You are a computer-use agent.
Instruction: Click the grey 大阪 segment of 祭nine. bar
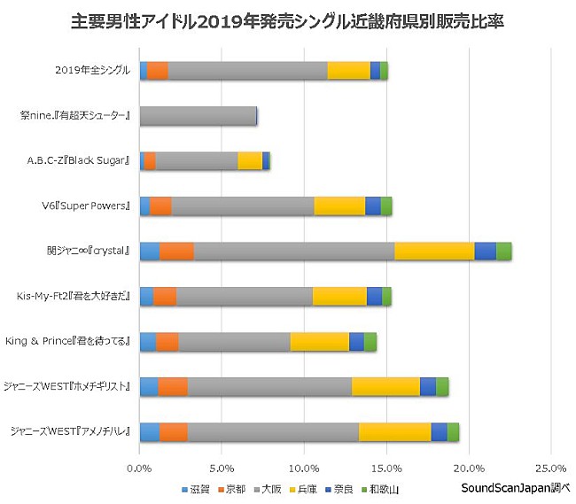click(x=198, y=115)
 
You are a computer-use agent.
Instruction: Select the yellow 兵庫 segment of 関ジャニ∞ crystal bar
click(x=434, y=251)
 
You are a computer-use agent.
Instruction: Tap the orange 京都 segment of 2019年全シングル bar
click(x=157, y=71)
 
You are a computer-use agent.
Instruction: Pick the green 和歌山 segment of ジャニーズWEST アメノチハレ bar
click(x=453, y=431)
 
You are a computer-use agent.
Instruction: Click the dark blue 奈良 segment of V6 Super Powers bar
click(x=372, y=205)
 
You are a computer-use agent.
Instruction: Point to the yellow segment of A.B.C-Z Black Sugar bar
click(x=250, y=160)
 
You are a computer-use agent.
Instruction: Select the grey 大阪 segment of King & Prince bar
click(x=234, y=341)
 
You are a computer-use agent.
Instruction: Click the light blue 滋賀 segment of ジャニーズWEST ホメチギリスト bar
click(x=149, y=386)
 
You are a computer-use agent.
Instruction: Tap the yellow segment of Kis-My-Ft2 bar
click(x=339, y=296)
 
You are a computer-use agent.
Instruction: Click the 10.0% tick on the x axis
click(x=304, y=467)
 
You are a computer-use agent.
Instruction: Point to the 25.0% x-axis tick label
click(x=550, y=467)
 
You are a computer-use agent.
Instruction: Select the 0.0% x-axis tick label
click(x=140, y=467)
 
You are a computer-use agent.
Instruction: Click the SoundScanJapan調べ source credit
click(x=515, y=488)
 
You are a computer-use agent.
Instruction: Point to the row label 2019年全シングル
click(x=92, y=71)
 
